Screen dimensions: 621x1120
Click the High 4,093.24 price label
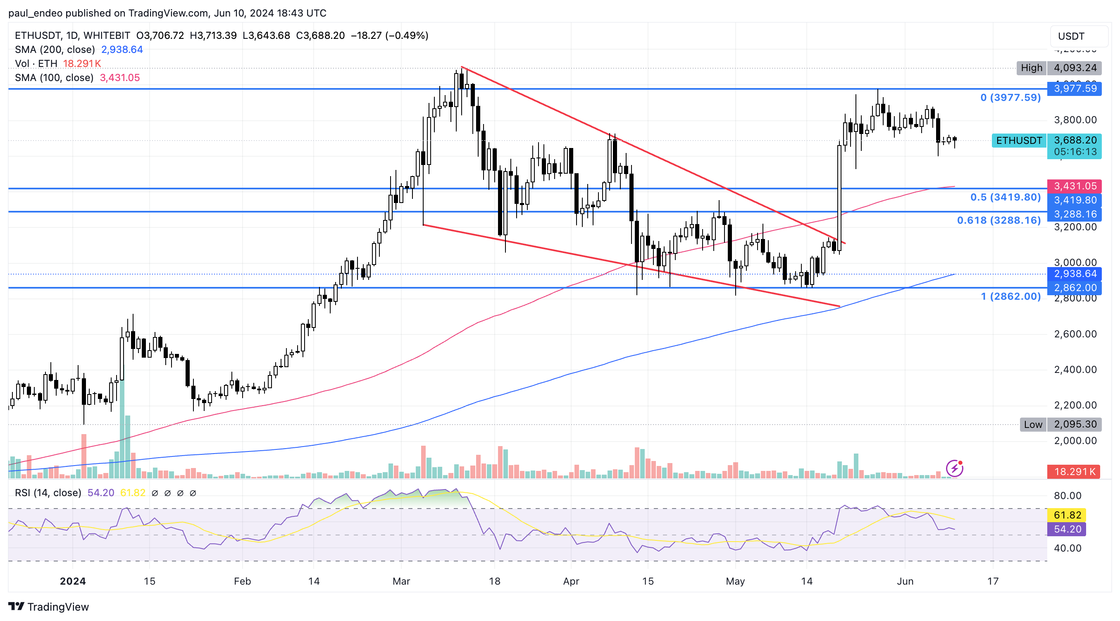[1059, 68]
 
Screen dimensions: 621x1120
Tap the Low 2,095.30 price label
[1060, 425]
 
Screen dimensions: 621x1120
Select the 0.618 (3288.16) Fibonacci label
[998, 220]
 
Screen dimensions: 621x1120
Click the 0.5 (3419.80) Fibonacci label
[1005, 198]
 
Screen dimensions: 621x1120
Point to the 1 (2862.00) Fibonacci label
[1010, 296]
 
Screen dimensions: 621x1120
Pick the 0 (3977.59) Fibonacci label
[1010, 98]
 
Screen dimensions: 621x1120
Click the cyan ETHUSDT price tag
[1019, 141]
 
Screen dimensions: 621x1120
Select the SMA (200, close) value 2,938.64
[122, 50]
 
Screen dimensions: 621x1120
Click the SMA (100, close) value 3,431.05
[119, 78]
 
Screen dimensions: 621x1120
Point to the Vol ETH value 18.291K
[82, 64]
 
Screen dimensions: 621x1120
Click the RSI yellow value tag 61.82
[1067, 515]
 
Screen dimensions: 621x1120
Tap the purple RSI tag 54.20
[1067, 529]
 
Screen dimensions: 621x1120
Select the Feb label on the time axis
[242, 581]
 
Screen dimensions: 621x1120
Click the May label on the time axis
[735, 581]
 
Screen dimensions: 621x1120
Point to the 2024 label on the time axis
[73, 581]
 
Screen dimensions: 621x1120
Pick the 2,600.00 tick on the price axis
[1075, 334]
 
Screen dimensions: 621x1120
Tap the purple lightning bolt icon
[954, 468]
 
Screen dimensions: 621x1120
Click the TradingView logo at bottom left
[48, 607]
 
